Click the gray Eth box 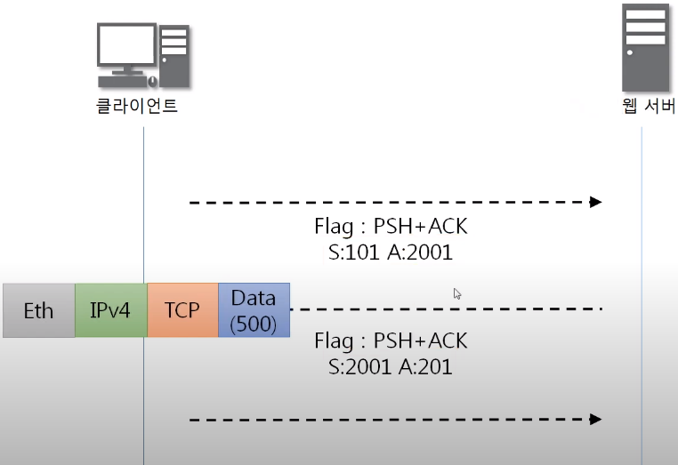point(38,310)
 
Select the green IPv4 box point(110,310)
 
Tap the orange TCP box point(182,310)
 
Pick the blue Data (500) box point(254,310)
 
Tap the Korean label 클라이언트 point(137,108)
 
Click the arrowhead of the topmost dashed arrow point(595,202)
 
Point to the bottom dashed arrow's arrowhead point(595,419)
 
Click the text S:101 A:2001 point(391,253)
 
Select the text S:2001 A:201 point(391,365)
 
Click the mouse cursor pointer point(457,293)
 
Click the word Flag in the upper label point(334,228)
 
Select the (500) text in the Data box point(254,325)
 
